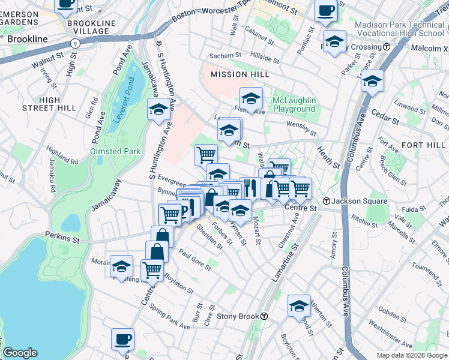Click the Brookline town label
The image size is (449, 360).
27,38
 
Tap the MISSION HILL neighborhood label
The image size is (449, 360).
237,74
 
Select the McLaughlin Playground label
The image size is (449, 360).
294,104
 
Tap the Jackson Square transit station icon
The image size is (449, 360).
327,201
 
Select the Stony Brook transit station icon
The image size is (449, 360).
264,316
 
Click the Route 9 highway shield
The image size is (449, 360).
75,43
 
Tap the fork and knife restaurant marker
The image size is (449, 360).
250,188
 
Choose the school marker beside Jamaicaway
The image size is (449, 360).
159,109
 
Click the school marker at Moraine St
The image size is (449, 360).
122,265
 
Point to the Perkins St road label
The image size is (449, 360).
62,239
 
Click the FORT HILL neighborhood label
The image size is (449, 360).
424,145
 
